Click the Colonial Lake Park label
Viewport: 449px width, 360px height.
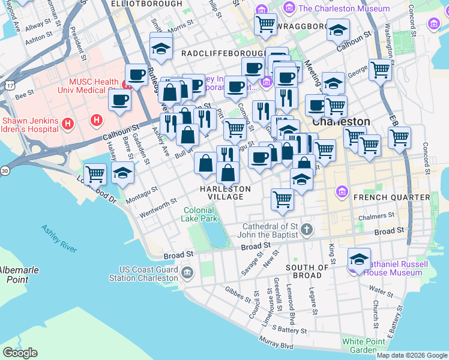(200, 215)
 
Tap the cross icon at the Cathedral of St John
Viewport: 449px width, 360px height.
(307, 229)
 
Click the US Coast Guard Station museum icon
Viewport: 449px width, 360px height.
(187, 274)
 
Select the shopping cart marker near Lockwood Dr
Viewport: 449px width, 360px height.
(95, 174)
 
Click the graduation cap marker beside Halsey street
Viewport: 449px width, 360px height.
(123, 173)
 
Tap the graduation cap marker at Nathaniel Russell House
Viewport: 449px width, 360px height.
(358, 259)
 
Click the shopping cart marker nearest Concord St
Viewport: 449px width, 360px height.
(399, 137)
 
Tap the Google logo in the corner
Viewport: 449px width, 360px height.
(20, 353)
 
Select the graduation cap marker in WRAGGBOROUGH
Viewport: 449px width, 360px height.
(339, 29)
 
